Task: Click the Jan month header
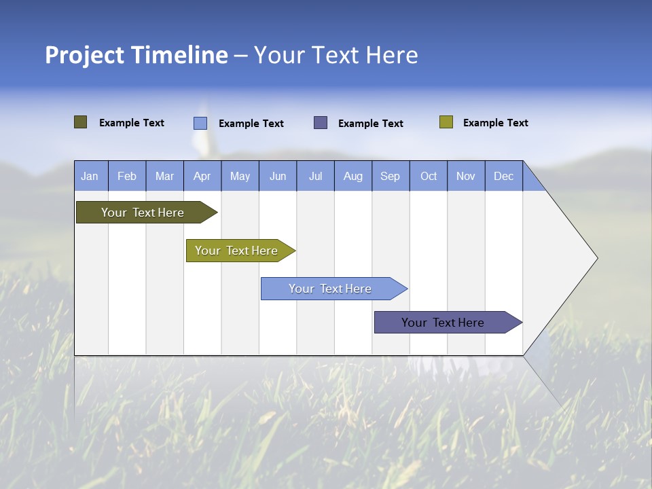[90, 176]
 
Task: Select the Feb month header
[127, 176]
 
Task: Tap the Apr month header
[202, 176]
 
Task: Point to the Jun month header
[278, 176]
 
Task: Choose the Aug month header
[352, 176]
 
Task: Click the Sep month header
[390, 176]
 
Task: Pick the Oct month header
[429, 176]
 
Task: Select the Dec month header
[503, 176]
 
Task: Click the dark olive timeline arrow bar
[143, 213]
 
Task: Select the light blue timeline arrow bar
[330, 289]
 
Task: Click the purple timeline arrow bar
[443, 323]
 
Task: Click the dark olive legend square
[80, 122]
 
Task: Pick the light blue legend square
[200, 123]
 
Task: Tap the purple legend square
[321, 122]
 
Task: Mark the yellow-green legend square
[446, 122]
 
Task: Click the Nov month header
[466, 176]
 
